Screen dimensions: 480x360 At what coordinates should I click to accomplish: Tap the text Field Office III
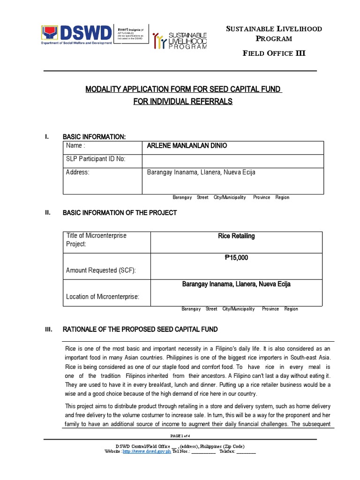point(274,53)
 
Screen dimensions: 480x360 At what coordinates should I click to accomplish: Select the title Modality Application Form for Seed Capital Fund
point(183,90)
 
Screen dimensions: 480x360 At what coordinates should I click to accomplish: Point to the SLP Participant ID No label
point(96,159)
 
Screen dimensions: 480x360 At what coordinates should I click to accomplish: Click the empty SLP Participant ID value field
point(232,160)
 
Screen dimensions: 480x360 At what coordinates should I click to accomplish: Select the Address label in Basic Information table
point(78,172)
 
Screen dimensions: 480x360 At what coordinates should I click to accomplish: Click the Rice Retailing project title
point(236,236)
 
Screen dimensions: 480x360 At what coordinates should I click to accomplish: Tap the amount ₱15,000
point(236,257)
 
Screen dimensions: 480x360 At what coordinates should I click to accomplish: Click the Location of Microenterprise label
point(103,296)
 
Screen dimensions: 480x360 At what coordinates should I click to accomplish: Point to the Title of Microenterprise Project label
point(97,240)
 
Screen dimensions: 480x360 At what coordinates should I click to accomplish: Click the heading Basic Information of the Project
point(120,213)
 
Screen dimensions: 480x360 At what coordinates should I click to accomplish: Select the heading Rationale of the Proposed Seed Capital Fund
point(140,330)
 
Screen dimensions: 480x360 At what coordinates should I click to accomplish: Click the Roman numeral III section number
point(48,330)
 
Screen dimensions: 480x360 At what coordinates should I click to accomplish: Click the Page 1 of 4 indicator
point(180,436)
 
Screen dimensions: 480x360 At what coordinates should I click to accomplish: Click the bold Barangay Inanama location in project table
point(236,284)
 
